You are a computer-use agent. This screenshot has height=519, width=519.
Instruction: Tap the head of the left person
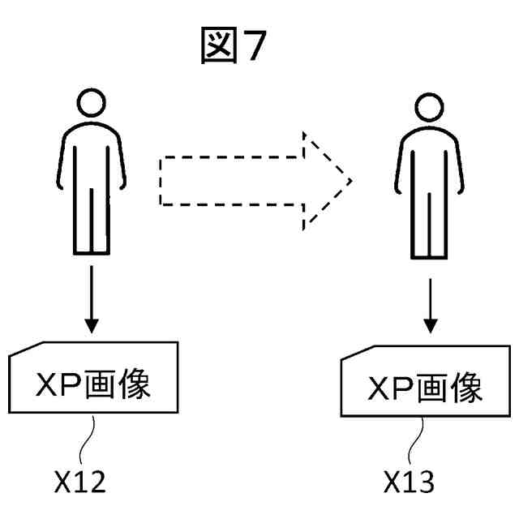pos(92,102)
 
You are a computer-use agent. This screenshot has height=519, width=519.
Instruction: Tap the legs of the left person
pos(92,223)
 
